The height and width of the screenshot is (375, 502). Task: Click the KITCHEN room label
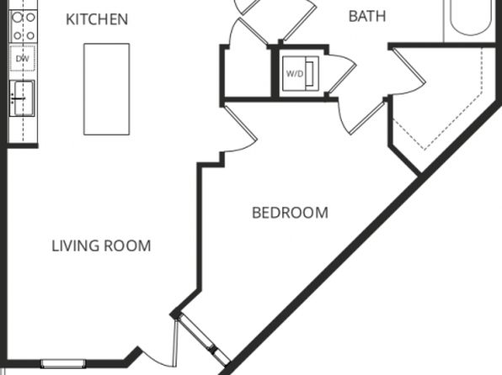tap(97, 19)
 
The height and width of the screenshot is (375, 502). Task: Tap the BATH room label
tap(367, 16)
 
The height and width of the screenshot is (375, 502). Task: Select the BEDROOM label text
tap(290, 213)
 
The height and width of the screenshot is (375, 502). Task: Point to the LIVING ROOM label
tap(101, 246)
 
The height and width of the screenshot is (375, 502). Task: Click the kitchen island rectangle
tap(107, 89)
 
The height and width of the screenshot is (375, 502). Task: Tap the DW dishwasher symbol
tap(23, 59)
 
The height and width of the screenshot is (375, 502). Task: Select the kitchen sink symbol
tap(22, 98)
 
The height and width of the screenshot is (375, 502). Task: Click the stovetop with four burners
tap(24, 26)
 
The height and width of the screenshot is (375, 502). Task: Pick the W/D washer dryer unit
tap(301, 74)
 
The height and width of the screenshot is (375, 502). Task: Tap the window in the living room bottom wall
tap(63, 363)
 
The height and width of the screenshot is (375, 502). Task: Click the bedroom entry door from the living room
tap(240, 127)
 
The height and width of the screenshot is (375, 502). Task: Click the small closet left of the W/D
tap(246, 73)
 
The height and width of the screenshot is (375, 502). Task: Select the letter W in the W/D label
tap(290, 74)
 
